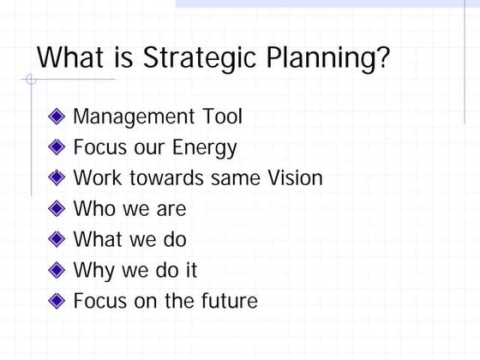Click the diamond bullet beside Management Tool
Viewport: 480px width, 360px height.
click(57, 117)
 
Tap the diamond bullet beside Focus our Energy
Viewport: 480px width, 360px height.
click(57, 147)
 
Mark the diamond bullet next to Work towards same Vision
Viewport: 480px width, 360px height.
click(57, 178)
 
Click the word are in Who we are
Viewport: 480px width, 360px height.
click(171, 209)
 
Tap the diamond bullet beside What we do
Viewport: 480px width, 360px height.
click(57, 240)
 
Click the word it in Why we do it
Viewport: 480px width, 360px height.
click(189, 270)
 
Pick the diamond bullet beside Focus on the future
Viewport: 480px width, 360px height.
click(57, 302)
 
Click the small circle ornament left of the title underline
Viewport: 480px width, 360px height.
click(31, 81)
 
